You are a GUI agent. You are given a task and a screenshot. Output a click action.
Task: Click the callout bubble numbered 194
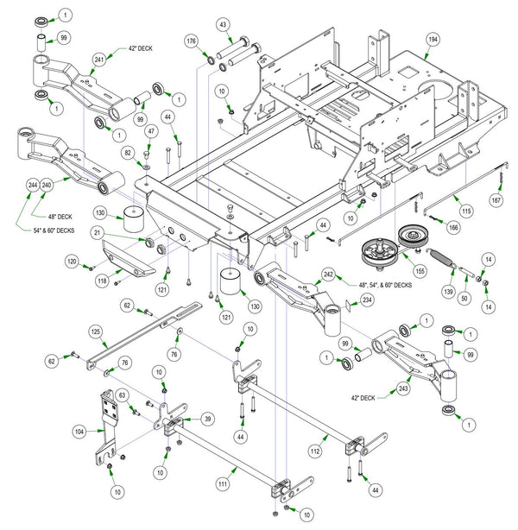(433, 40)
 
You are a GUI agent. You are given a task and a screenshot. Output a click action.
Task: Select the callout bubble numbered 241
(100, 59)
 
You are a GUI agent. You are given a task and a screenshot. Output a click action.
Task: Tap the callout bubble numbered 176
(192, 41)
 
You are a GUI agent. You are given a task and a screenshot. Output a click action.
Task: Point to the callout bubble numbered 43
(224, 25)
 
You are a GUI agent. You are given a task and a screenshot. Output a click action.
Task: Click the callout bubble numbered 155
(420, 270)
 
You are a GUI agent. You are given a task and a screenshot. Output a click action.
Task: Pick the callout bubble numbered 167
(496, 200)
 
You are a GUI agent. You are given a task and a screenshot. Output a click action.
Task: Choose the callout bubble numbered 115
(466, 211)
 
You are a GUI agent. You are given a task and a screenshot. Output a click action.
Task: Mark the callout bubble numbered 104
(79, 430)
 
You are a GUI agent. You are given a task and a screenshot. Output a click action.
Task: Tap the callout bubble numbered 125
(96, 331)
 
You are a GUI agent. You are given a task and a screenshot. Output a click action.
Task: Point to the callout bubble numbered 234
(368, 300)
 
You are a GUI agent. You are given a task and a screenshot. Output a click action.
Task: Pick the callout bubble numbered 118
(102, 281)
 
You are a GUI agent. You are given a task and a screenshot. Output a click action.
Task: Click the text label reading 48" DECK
(59, 216)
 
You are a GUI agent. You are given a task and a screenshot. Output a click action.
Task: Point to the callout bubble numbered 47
(150, 131)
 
